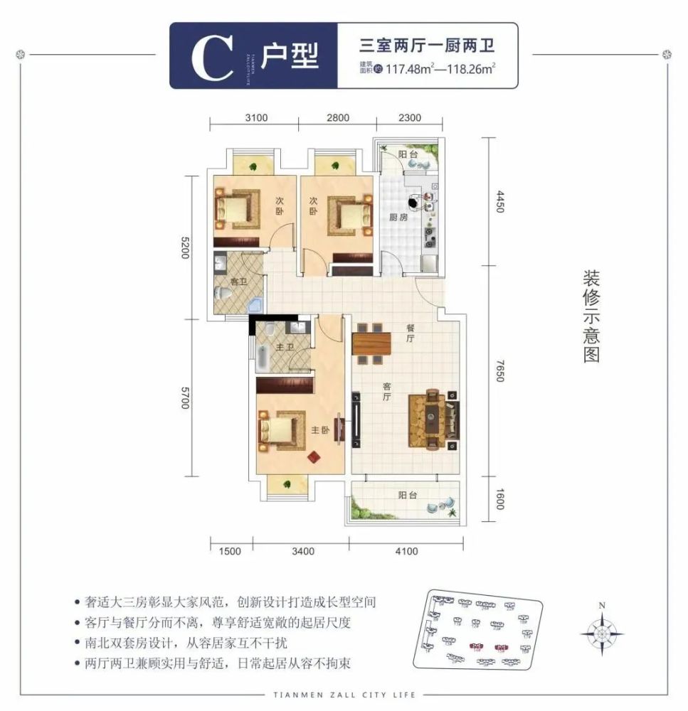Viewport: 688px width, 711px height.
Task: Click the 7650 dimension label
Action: coord(499,369)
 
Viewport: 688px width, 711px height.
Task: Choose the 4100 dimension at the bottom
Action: coord(407,550)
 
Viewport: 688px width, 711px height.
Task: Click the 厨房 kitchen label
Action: coord(398,218)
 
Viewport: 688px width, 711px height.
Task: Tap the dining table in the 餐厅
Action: coord(371,344)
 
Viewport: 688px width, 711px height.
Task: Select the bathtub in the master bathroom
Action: coord(262,354)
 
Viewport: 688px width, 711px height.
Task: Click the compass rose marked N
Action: coord(602,631)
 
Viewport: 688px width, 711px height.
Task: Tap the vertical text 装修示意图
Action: coord(591,316)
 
